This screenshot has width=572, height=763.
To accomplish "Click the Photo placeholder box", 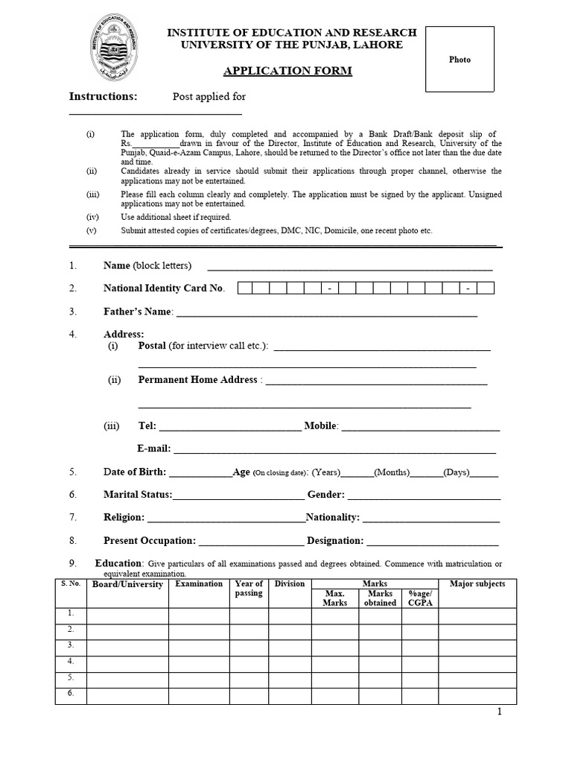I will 460,60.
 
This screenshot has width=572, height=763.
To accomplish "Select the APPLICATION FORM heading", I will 277,71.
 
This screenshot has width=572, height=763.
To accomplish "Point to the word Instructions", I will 104,96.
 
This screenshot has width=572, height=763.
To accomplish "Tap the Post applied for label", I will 209,97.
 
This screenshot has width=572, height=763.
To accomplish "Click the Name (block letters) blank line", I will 349,267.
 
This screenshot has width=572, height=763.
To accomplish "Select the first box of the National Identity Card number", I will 245,288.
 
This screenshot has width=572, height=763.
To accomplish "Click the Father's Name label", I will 138,311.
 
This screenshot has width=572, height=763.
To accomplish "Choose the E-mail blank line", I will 334,449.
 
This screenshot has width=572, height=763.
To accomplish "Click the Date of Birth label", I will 135,472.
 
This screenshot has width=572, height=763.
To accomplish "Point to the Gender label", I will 326,495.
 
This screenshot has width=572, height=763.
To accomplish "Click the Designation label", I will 335,541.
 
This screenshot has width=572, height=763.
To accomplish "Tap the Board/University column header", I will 127,585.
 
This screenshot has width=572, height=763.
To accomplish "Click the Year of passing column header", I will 249,589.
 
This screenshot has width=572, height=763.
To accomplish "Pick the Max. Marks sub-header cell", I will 334,598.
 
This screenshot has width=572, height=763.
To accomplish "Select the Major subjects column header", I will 477,584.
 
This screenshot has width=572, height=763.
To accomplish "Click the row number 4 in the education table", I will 71,662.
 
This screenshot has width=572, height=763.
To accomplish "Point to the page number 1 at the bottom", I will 500,712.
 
